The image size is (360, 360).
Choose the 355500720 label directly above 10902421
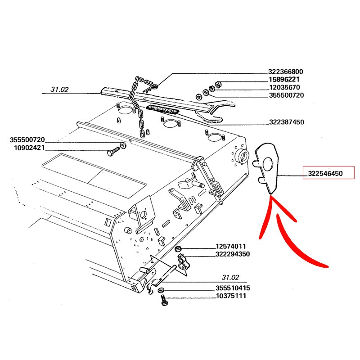click(27, 140)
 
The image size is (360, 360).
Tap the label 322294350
click(232, 254)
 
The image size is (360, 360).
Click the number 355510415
click(232, 288)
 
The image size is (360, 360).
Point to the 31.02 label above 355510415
click(230, 277)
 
